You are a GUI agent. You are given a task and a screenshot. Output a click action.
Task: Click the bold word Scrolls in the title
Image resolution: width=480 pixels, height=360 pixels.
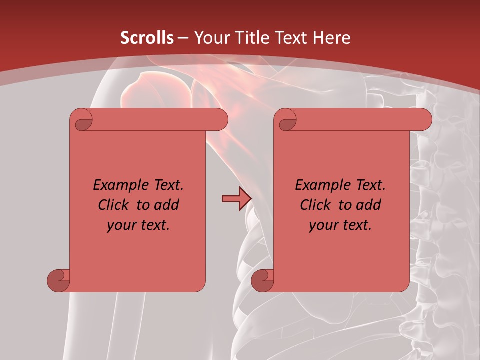147,38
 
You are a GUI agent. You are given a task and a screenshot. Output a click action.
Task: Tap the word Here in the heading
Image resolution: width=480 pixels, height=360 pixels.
332,38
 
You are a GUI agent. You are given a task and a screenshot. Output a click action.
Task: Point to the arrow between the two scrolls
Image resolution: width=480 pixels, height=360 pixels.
236,199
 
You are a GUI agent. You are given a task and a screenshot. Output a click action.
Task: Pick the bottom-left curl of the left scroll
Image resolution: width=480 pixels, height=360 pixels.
58,280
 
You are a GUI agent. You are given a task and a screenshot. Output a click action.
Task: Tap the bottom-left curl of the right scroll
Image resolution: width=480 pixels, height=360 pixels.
262,280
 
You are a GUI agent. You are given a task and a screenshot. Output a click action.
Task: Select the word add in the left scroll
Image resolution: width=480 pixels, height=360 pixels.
166,205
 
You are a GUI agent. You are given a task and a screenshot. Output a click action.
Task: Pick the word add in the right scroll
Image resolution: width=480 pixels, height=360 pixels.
368,205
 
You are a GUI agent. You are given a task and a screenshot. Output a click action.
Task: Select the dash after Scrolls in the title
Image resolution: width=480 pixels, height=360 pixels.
183,38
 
